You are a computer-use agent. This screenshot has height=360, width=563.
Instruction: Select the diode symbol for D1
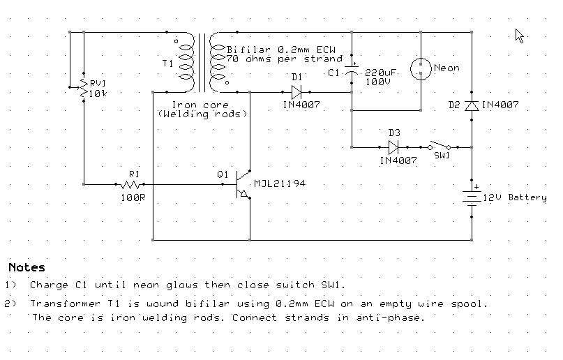(296, 92)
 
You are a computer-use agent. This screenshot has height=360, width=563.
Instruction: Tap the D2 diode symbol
(472, 105)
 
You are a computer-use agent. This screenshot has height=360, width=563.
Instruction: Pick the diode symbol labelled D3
(393, 147)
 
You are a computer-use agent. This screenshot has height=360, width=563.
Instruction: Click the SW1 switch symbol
(440, 146)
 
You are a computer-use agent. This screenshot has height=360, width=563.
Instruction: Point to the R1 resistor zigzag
(130, 184)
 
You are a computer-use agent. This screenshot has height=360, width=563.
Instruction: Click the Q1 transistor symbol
(242, 184)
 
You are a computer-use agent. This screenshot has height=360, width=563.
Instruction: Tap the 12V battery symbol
(472, 198)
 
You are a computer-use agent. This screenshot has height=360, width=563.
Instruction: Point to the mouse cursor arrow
(519, 36)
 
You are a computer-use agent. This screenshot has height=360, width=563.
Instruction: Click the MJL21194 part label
(280, 183)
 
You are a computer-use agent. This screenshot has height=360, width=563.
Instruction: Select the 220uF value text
(380, 72)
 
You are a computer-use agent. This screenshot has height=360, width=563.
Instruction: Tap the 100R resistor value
(133, 197)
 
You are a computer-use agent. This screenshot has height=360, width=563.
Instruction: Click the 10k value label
(98, 93)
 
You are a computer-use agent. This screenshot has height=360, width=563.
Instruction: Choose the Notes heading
(27, 267)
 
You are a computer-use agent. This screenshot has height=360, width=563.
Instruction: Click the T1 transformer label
(167, 63)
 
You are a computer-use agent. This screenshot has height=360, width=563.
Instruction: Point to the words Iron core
(200, 105)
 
